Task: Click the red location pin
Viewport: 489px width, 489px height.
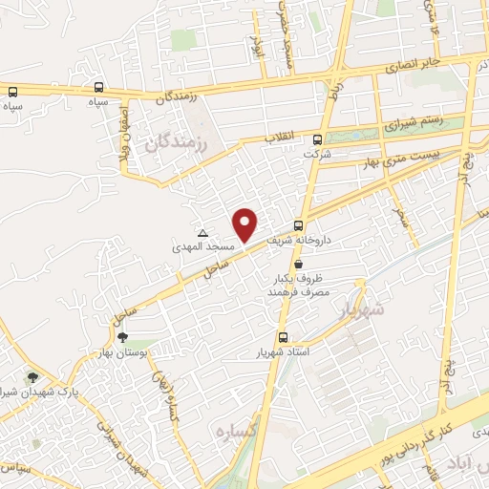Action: pyautogui.click(x=246, y=223)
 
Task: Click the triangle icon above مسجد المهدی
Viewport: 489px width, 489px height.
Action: pyautogui.click(x=202, y=233)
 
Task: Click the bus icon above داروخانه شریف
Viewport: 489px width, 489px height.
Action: pyautogui.click(x=300, y=226)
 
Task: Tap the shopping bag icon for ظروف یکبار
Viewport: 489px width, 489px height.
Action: pyautogui.click(x=300, y=263)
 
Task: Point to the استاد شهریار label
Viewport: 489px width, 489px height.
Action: pyautogui.click(x=284, y=352)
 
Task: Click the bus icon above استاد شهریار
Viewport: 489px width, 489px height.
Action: pyautogui.click(x=282, y=337)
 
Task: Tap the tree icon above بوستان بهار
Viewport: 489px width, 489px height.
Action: pyautogui.click(x=122, y=336)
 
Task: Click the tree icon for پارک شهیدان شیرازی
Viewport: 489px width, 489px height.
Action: pyautogui.click(x=33, y=379)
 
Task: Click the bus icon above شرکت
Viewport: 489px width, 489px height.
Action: pyautogui.click(x=309, y=137)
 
